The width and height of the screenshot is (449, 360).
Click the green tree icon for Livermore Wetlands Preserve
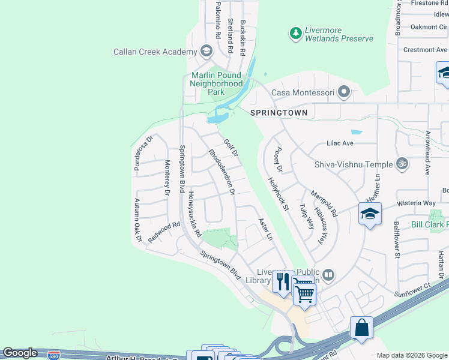coord(295,34)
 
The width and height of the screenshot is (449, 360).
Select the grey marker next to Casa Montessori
coord(344,92)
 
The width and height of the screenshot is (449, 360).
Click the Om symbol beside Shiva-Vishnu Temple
coord(401,164)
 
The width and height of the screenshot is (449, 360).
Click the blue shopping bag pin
coord(361,328)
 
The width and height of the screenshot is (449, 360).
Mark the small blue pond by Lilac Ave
coord(356,132)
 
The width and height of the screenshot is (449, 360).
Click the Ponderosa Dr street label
coord(144,152)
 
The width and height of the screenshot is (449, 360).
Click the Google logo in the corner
coord(20,353)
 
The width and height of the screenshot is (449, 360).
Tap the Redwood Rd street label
coord(164,232)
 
